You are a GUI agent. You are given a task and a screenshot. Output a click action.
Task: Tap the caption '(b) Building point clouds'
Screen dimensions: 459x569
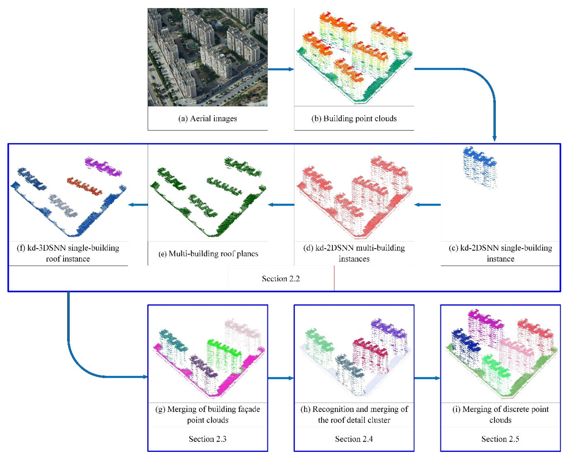tap(354, 118)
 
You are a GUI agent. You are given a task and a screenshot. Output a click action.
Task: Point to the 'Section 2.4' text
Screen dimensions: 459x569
tap(354, 439)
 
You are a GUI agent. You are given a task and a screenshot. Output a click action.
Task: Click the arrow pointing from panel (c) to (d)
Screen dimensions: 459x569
tap(427, 205)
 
